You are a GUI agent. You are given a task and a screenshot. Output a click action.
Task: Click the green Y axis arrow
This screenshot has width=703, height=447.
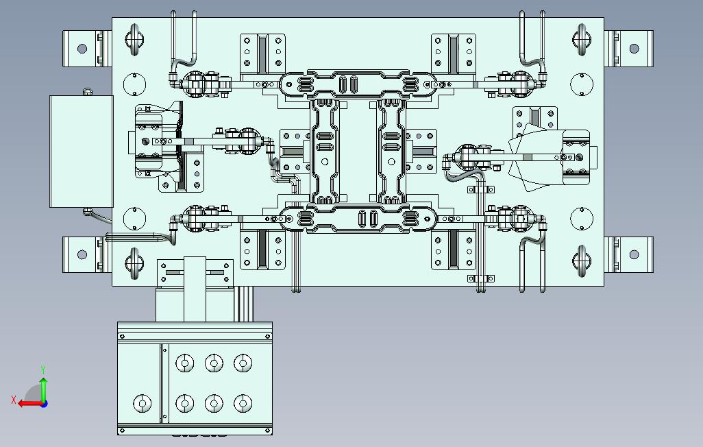tap(43, 389)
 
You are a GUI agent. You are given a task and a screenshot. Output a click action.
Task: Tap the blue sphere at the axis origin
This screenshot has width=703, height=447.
tap(44, 404)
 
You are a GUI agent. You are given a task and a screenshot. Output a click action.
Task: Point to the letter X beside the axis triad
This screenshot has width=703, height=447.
tap(14, 400)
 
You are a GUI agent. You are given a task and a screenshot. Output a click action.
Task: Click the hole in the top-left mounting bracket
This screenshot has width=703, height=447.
tap(82, 49)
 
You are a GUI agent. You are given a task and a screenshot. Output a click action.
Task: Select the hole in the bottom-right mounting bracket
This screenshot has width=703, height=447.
tap(634, 254)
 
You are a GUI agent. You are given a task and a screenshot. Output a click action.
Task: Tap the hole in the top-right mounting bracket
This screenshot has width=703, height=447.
tap(634, 49)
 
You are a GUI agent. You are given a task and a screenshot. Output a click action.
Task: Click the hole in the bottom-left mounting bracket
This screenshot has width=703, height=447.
tap(82, 254)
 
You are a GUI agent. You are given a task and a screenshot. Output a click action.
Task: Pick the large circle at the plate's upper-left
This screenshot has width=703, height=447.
tap(134, 84)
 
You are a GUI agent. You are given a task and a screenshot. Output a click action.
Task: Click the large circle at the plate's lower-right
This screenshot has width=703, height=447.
tap(582, 219)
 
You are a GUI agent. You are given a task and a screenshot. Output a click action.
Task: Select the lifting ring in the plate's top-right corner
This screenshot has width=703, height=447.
tap(582, 40)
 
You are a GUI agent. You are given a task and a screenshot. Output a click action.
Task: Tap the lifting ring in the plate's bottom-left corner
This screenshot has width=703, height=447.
tap(134, 263)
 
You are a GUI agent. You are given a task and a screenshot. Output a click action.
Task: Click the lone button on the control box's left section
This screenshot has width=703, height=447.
tap(143, 403)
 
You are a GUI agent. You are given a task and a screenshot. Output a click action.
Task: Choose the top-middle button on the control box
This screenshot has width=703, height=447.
tap(214, 363)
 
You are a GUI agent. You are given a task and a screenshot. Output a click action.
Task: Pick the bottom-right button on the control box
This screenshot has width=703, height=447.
tap(243, 403)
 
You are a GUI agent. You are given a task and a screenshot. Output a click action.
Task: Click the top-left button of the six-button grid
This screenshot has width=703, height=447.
tap(185, 363)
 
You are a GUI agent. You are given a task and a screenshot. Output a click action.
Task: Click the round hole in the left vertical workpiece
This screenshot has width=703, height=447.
tap(325, 162)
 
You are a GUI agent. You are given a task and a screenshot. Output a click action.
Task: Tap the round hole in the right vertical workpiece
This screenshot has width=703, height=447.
tap(391, 162)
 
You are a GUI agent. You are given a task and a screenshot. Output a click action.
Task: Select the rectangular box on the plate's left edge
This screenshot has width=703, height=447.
tap(81, 152)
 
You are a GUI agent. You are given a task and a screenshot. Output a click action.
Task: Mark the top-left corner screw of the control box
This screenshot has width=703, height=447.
tap(123, 336)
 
